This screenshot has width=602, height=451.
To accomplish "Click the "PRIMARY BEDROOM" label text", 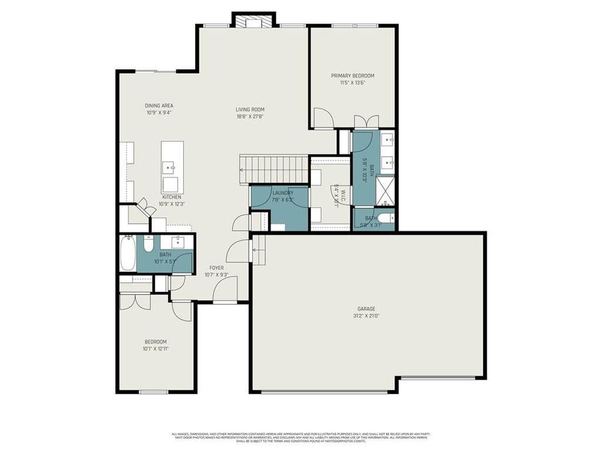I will pos(353,76).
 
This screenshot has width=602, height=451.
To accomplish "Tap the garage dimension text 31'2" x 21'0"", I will pos(366,316).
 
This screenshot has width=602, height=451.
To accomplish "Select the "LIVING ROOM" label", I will pos(250,110).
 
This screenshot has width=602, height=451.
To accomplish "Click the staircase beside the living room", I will pos(274,169).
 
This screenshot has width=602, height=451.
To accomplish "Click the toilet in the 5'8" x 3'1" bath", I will pos(384,217).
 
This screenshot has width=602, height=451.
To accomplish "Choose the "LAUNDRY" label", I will pos(282,193).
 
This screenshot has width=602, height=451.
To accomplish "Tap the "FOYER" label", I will pos(216,267).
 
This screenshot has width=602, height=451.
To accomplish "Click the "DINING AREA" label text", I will pos(159,106).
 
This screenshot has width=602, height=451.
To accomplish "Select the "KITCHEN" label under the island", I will pos(171,197).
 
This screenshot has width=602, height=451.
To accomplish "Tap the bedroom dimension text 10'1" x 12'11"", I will pos(155,348).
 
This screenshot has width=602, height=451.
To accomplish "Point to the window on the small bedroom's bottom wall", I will pos(153,392).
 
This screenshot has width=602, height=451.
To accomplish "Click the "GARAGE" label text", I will pos(366,309).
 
